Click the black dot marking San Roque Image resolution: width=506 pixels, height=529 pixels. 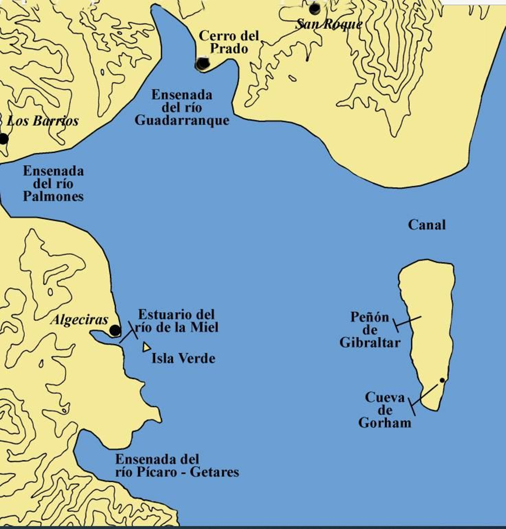[314, 9]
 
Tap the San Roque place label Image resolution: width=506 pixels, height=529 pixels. [329, 24]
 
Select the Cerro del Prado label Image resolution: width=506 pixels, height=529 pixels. [229, 42]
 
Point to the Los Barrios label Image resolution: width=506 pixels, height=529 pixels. [43, 121]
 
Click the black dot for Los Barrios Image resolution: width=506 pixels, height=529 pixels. [4, 139]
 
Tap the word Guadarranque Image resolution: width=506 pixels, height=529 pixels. [182, 120]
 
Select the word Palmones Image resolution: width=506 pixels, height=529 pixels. [53, 197]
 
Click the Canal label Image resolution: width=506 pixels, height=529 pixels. [427, 225]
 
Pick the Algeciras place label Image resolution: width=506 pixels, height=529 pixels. [79, 320]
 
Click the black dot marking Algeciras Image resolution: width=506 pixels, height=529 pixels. [115, 331]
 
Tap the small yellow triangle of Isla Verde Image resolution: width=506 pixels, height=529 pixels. [146, 347]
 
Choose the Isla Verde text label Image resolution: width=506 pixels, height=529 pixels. [183, 359]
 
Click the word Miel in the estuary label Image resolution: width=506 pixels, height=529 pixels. [204, 327]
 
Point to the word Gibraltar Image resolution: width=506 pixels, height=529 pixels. [370, 343]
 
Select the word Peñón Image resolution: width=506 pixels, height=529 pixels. [370, 317]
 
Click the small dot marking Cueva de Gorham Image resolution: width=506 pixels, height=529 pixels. [442, 380]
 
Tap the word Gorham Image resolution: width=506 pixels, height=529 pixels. [385, 423]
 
